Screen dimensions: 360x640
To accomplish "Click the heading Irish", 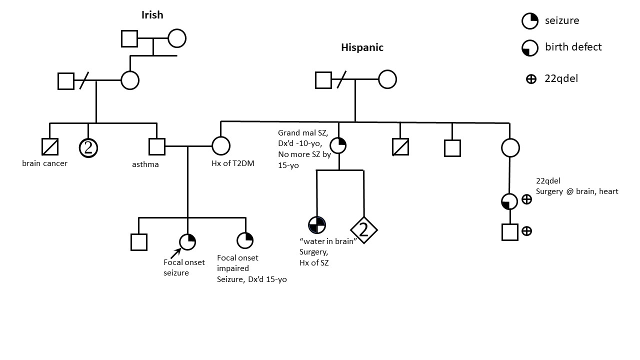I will pyautogui.click(x=152, y=14).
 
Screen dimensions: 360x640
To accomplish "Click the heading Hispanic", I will pyautogui.click(x=362, y=47).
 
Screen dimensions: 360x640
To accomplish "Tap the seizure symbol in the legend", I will pyautogui.click(x=529, y=20).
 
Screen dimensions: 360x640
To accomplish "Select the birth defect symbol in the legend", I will pyautogui.click(x=529, y=47).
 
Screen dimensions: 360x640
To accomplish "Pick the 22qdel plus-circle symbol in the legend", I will pyautogui.click(x=531, y=78).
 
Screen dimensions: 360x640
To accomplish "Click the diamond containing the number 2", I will pyautogui.click(x=363, y=229).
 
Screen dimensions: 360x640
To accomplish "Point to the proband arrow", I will pyautogui.click(x=175, y=254).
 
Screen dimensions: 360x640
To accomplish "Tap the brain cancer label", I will pyautogui.click(x=44, y=163).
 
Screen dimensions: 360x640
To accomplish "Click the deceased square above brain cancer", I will pyautogui.click(x=50, y=146).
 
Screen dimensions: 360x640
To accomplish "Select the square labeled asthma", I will pyautogui.click(x=157, y=146).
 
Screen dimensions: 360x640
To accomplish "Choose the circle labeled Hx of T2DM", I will pyautogui.click(x=220, y=146).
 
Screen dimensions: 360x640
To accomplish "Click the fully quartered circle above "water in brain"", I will pyautogui.click(x=317, y=225).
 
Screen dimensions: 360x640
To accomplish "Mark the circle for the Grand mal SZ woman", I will pyautogui.click(x=339, y=145).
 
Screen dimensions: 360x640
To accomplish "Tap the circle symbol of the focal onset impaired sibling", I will pyautogui.click(x=245, y=241).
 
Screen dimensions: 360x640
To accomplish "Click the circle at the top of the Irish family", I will pyautogui.click(x=177, y=38).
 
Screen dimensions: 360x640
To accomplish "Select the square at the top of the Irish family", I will pyautogui.click(x=129, y=38).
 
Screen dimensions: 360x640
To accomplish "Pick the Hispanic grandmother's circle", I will pyautogui.click(x=387, y=79).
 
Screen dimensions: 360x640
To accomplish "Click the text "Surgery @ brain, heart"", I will pyautogui.click(x=577, y=191).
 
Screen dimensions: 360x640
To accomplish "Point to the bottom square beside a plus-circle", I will pyautogui.click(x=509, y=232).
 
